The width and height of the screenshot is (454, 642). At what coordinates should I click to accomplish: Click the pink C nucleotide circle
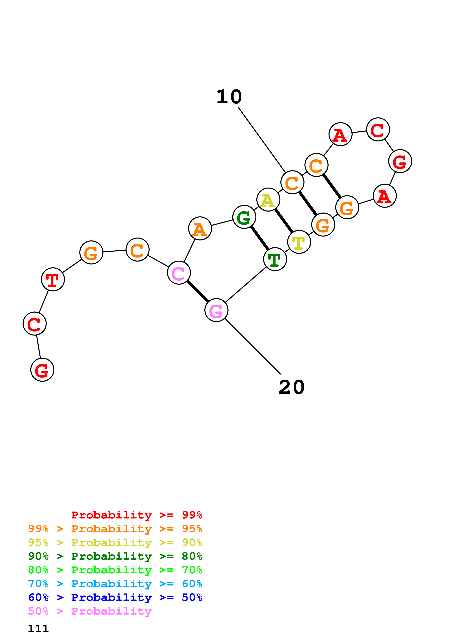pyautogui.click(x=179, y=273)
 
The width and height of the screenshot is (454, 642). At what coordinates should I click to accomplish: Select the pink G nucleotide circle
pyautogui.click(x=216, y=310)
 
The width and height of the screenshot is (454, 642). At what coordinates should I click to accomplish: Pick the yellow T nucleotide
pyautogui.click(x=299, y=242)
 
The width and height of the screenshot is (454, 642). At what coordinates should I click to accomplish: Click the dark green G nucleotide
pyautogui.click(x=244, y=217)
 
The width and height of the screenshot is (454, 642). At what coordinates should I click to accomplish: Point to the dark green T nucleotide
pyautogui.click(x=275, y=259)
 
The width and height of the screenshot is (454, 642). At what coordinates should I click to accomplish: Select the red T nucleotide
pyautogui.click(x=53, y=279)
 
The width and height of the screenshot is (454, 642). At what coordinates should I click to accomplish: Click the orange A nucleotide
pyautogui.click(x=200, y=228)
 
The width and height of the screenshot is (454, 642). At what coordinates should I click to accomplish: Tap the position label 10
pyautogui.click(x=229, y=97)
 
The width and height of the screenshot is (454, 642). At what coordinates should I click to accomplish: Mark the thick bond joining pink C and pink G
pyautogui.click(x=197, y=291)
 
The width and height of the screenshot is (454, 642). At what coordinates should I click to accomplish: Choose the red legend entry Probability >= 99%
pyautogui.click(x=136, y=515)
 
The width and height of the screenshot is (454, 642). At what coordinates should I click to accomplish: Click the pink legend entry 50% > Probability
pyautogui.click(x=90, y=611)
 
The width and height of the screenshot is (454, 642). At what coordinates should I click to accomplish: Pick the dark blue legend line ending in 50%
pyautogui.click(x=115, y=598)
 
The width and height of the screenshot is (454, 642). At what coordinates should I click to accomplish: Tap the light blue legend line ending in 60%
pyautogui.click(x=115, y=584)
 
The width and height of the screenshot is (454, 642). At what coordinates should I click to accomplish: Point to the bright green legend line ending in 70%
pyautogui.click(x=115, y=570)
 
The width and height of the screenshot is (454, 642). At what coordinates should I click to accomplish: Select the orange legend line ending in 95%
pyautogui.click(x=115, y=529)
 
